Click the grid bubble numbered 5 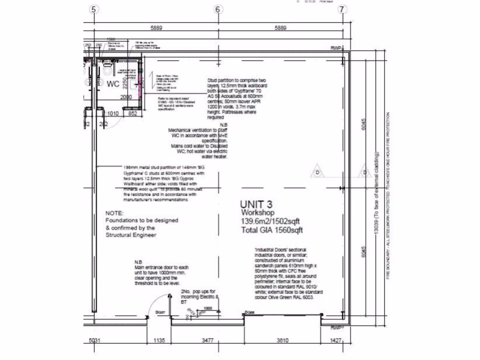(x=95, y=9)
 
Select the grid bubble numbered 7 (x=342, y=9)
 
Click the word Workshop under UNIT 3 (x=257, y=213)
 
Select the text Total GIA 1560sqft (x=272, y=230)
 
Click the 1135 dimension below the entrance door (x=159, y=340)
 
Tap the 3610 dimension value (x=282, y=340)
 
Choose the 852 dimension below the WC (x=133, y=113)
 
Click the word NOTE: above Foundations (x=115, y=213)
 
